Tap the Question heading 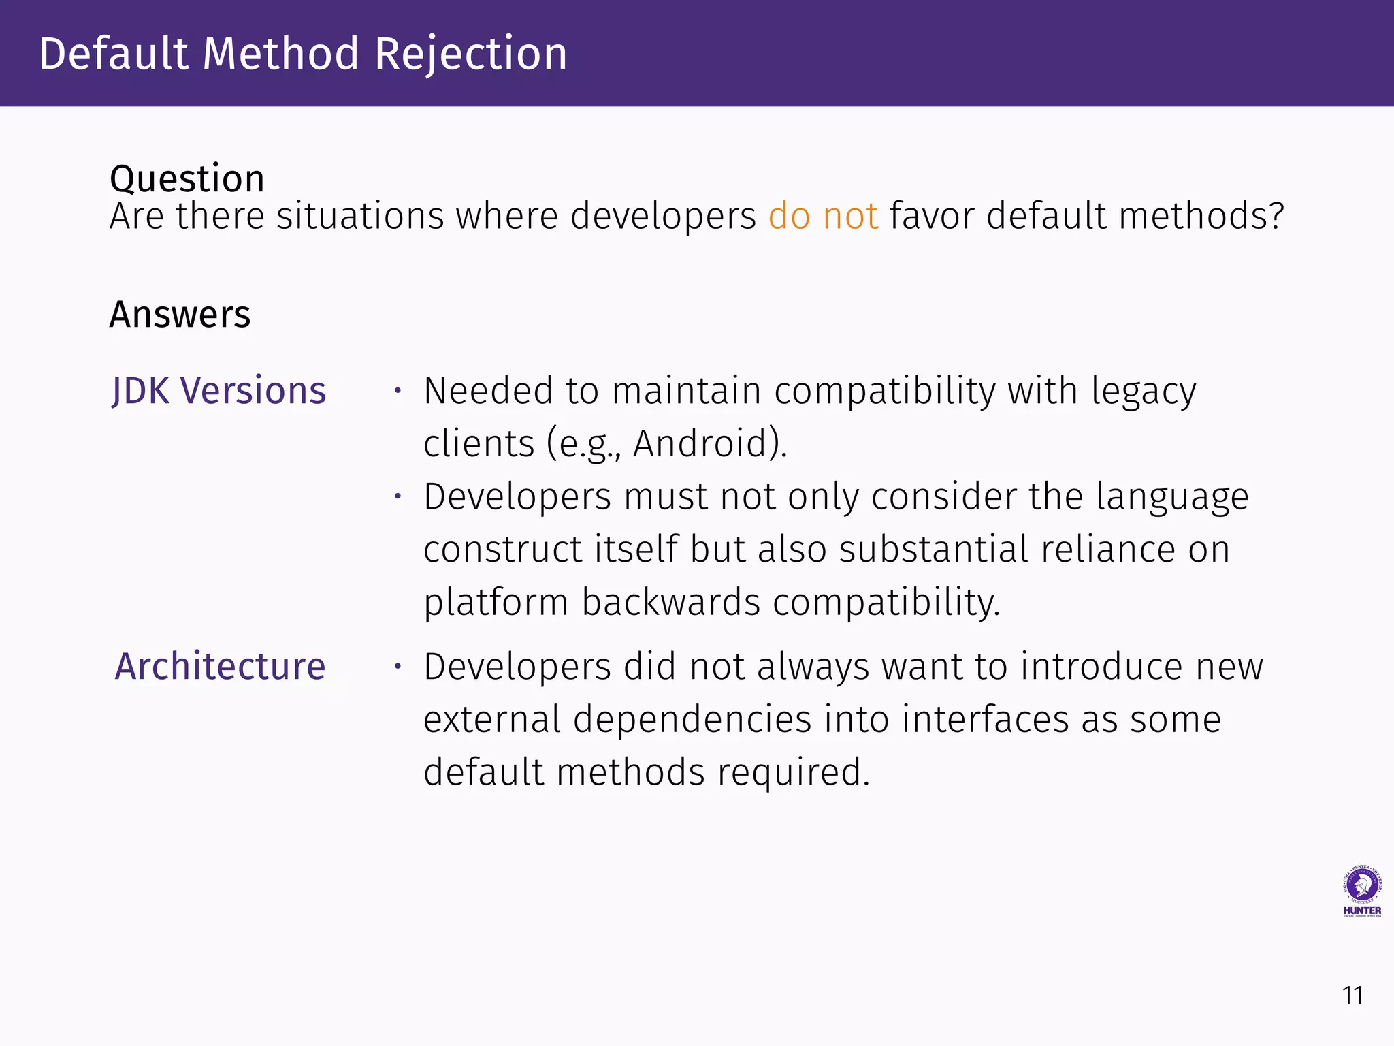point(187,179)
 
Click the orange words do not point(823,216)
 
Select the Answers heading point(180,315)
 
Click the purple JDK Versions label point(218,391)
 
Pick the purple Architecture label point(220,666)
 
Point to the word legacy point(1144,392)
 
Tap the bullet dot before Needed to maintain point(398,391)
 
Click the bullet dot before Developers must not point(398,496)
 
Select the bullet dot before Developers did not point(398,666)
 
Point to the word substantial point(933,549)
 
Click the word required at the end point(793,772)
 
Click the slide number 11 point(1352,996)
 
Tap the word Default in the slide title point(113,54)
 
